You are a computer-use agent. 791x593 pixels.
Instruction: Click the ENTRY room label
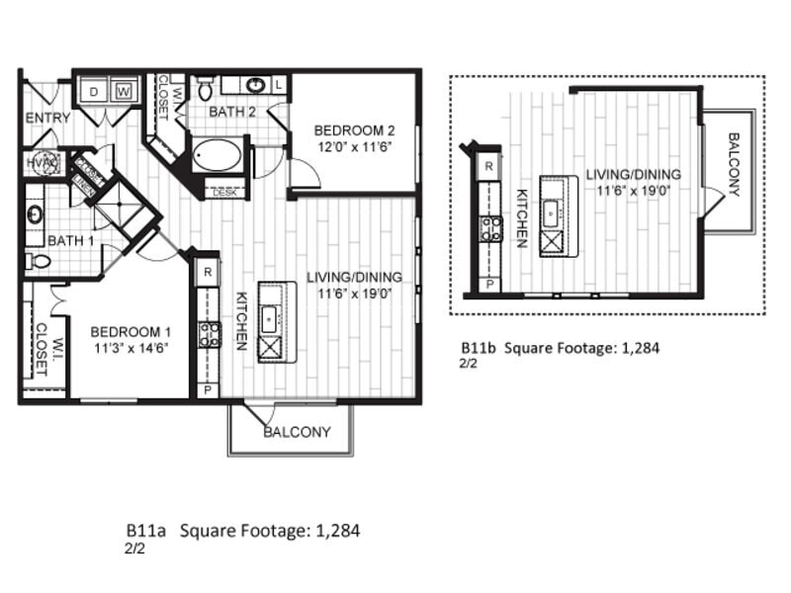point(47,118)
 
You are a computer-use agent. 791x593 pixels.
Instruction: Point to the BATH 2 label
point(232,113)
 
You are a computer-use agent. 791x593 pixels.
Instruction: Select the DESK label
point(224,193)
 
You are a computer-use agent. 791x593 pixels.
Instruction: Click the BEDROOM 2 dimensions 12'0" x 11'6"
point(354,146)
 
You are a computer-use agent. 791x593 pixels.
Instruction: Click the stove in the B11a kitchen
point(209,334)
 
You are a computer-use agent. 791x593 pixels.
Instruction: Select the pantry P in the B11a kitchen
point(208,389)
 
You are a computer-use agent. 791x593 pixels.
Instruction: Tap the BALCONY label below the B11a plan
point(297,432)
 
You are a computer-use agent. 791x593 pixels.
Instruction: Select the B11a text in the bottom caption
point(145,531)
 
